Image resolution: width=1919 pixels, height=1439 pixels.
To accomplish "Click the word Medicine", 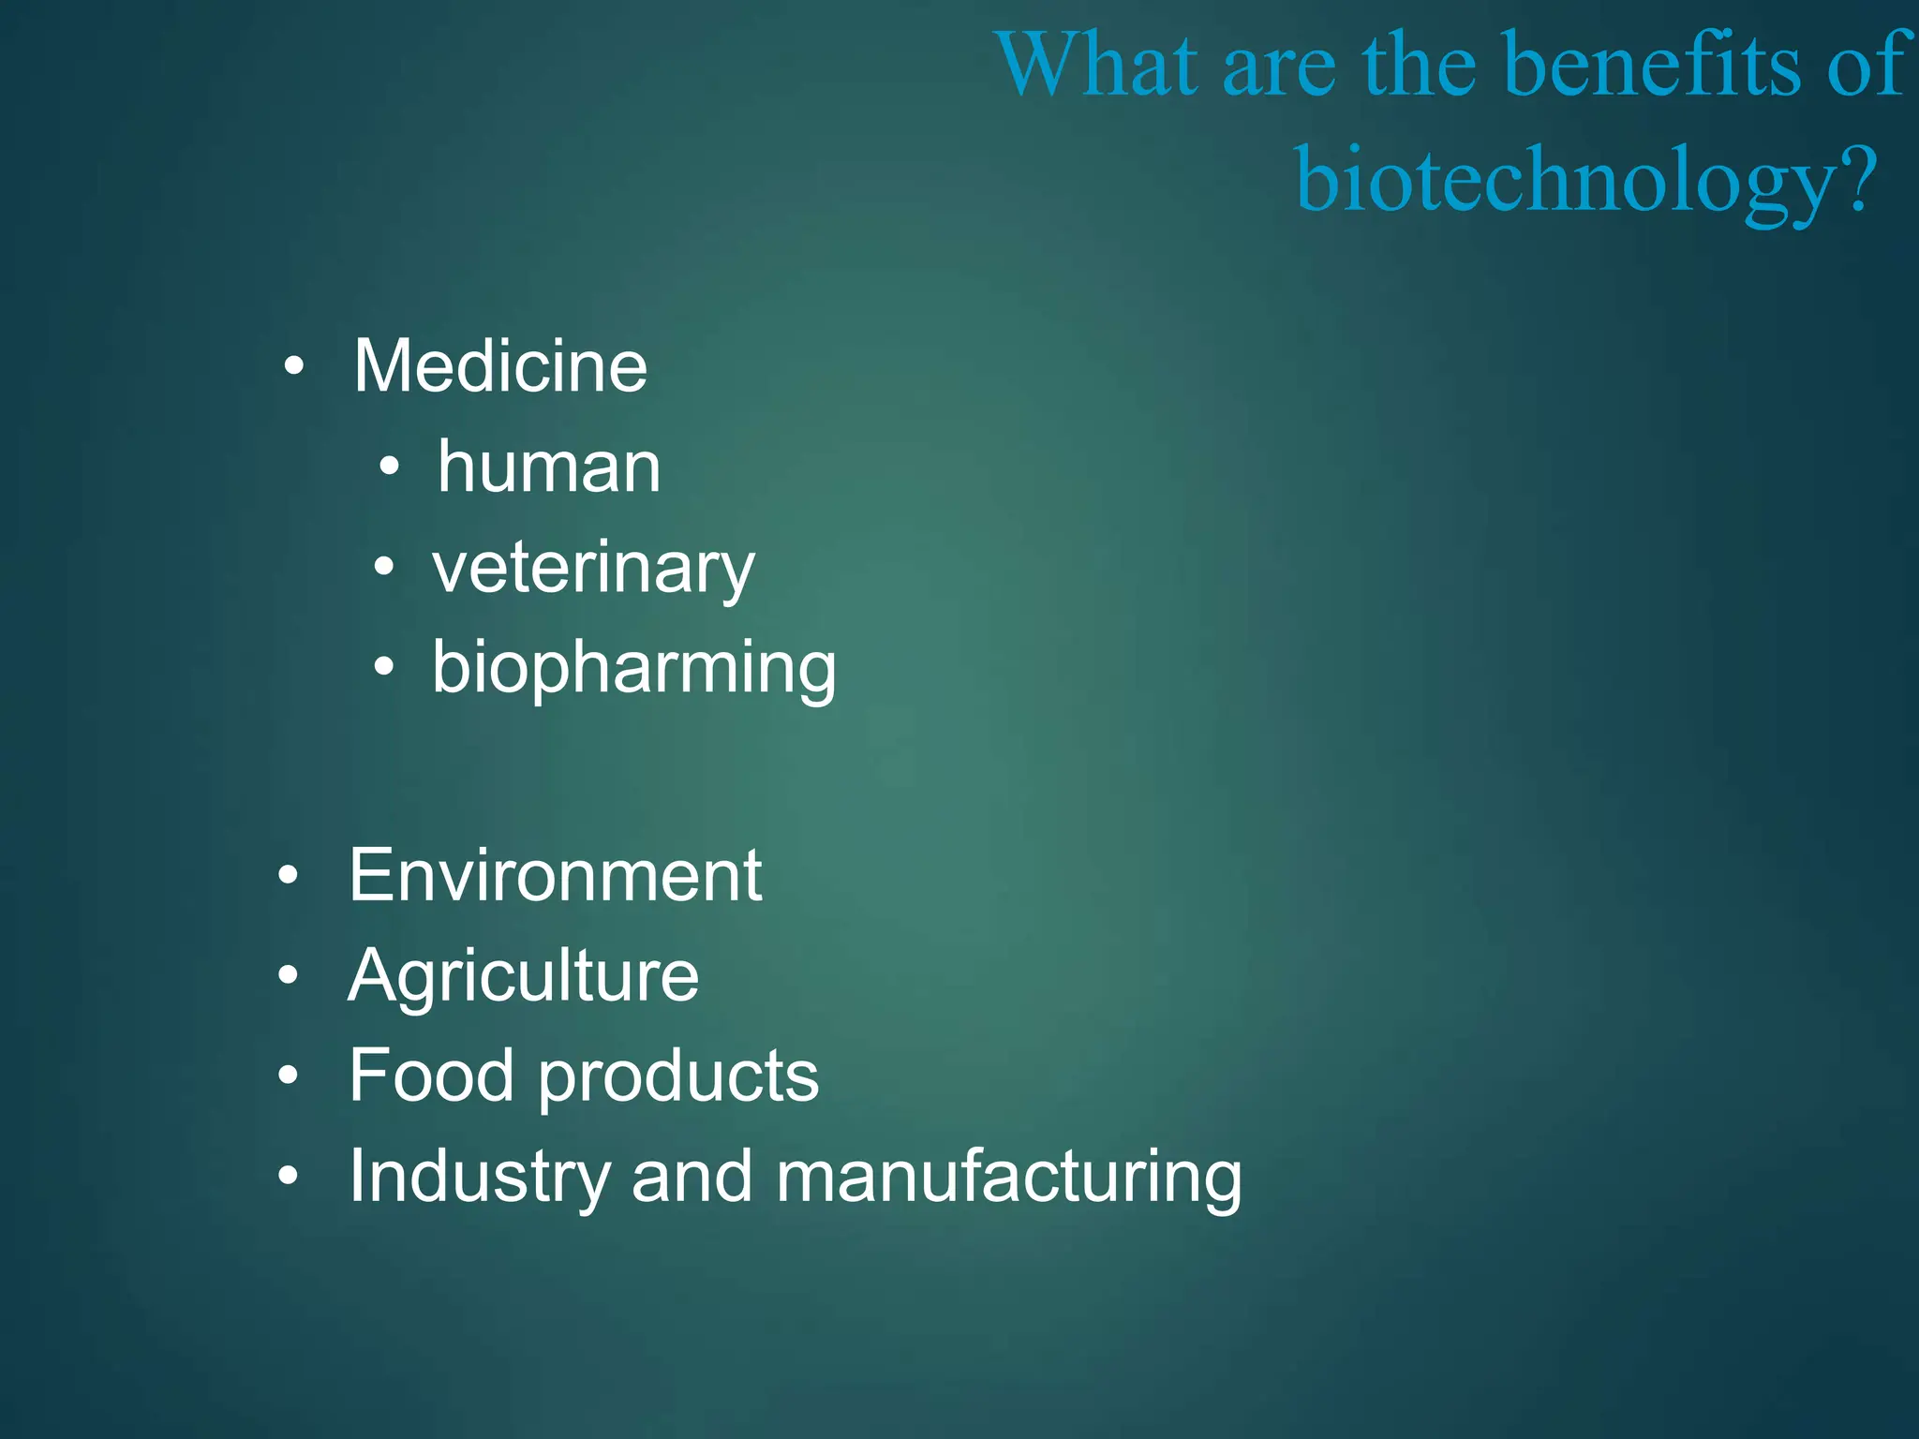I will [500, 365].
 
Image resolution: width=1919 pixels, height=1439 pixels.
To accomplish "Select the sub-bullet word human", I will [549, 467].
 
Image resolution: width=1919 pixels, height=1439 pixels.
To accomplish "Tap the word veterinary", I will [593, 568].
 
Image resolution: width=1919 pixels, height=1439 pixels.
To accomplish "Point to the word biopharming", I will [634, 668].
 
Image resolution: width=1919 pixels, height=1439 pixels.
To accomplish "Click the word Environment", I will [556, 875].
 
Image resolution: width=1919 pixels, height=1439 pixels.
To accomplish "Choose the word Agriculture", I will [524, 976].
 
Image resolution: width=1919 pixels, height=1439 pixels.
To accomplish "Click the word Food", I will [431, 1076].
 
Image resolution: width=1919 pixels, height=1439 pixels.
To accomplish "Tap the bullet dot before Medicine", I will [294, 366].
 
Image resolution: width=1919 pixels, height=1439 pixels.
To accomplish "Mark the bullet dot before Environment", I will [289, 876].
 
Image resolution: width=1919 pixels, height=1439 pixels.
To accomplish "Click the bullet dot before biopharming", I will [384, 667].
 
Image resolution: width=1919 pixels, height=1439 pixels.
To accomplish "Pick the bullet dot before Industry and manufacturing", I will [289, 1176].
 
